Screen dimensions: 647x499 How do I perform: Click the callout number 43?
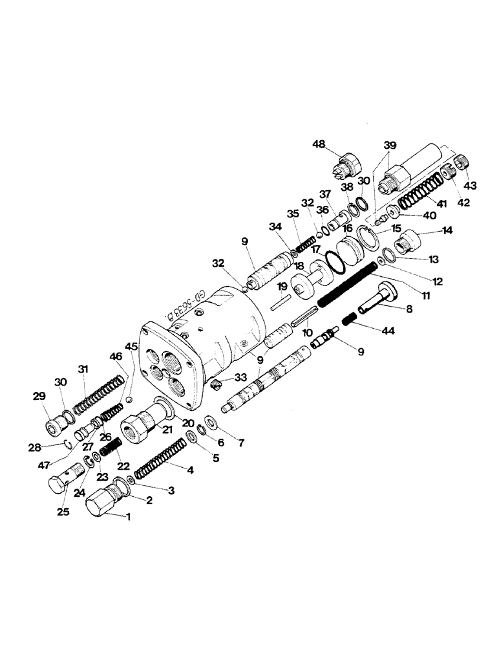click(x=469, y=186)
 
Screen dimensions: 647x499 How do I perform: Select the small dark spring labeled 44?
click(x=349, y=320)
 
